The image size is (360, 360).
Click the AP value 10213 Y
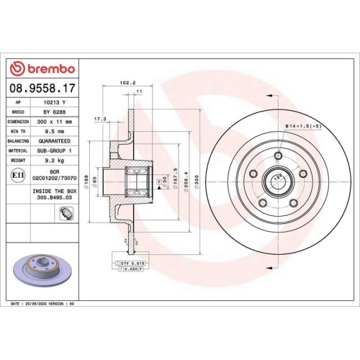coord(53,103)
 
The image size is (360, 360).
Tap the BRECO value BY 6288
coord(53,112)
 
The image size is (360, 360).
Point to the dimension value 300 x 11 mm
coord(53,122)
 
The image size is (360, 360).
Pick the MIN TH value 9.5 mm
coord(53,132)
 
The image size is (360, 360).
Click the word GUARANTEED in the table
coord(53,143)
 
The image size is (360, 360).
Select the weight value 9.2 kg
coord(53,162)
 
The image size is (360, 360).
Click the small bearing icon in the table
coord(66,212)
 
